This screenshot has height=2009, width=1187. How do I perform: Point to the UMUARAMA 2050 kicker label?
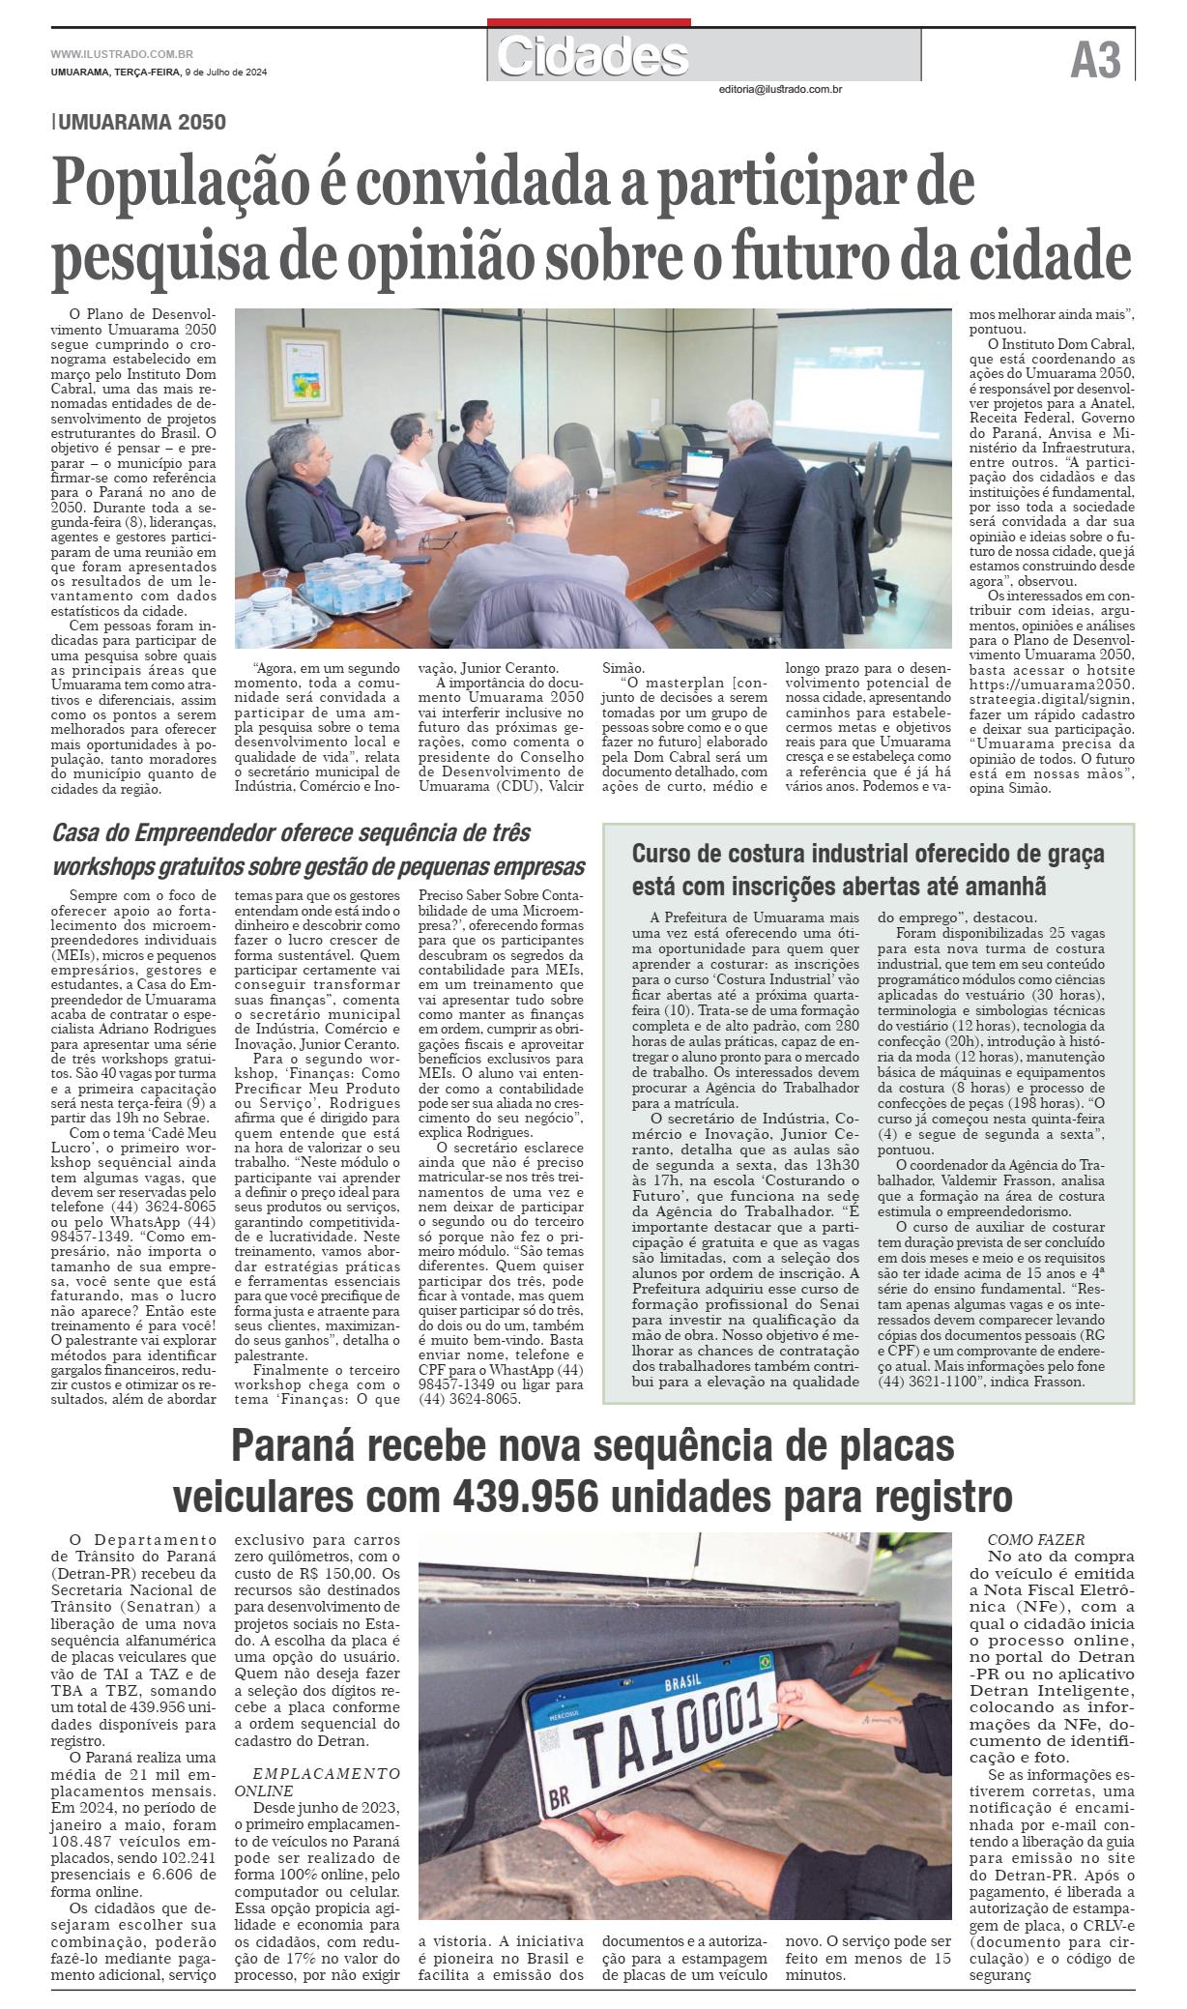pyautogui.click(x=141, y=123)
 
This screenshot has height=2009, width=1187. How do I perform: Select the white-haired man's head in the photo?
pyautogui.click(x=754, y=422)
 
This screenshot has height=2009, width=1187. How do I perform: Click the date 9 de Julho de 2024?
pyautogui.click(x=226, y=73)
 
